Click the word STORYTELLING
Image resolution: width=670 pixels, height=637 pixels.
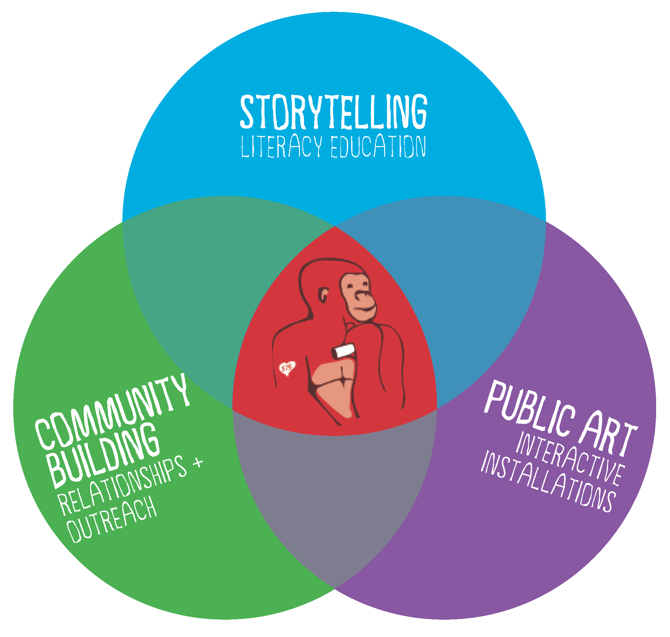[333, 112]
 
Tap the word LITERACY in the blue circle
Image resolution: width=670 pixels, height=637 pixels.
[281, 147]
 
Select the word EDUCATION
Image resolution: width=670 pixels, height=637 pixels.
[378, 147]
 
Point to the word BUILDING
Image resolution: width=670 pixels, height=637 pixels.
[103, 455]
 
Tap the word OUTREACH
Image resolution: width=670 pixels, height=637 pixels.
[112, 520]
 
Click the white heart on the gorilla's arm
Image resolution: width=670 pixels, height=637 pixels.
[287, 368]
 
